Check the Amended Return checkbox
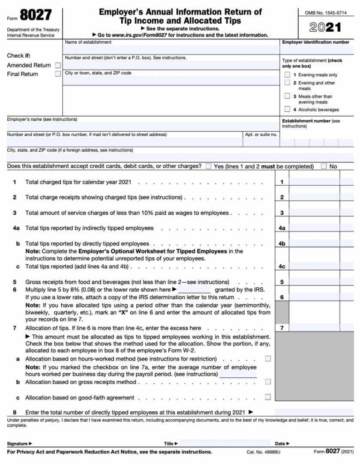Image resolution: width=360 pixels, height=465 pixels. click(58, 65)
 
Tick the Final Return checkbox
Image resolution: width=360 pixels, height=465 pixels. click(58, 74)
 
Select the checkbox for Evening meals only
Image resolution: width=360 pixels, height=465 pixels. click(287, 75)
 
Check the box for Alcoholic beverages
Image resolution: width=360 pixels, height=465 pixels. click(287, 109)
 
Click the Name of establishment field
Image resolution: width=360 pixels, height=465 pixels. click(170, 49)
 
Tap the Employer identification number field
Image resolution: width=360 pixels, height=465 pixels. click(316, 50)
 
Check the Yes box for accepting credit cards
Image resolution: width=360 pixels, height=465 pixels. click(208, 167)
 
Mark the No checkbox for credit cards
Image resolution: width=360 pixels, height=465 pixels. click(324, 167)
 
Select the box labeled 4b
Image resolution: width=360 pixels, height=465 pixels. click(282, 244)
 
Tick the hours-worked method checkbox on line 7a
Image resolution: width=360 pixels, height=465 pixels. click(268, 359)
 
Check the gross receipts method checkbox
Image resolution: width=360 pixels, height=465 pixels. click(268, 382)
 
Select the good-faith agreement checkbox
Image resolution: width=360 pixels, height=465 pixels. click(268, 397)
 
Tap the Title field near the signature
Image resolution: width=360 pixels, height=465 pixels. click(224, 443)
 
